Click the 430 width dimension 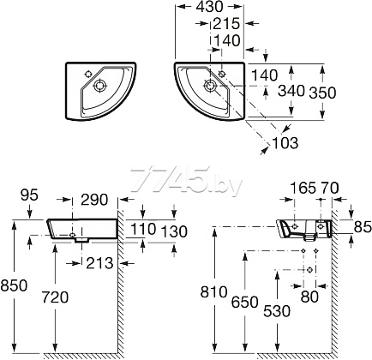[209, 7]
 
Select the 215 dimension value [226, 24]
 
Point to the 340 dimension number [291, 91]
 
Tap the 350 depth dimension [323, 93]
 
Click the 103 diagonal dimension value [285, 142]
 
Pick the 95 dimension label [30, 195]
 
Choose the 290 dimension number [94, 200]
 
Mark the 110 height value [143, 229]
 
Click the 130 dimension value [174, 231]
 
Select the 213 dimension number [99, 263]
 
